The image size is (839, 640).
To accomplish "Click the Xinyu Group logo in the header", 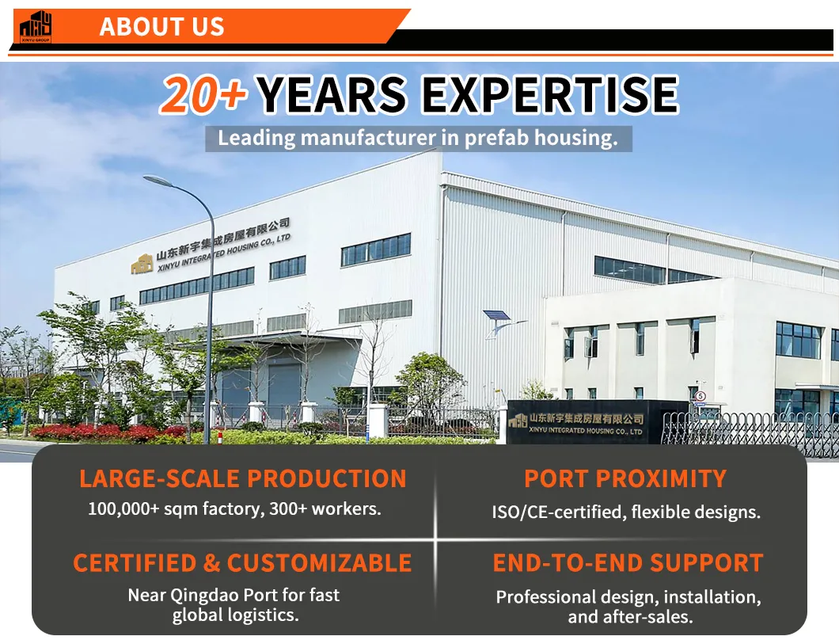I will [x=36, y=27].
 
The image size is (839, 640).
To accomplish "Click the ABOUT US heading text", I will [x=162, y=27].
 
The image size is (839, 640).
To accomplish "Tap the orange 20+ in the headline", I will [x=203, y=95].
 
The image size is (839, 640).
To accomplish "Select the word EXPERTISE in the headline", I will [x=549, y=95].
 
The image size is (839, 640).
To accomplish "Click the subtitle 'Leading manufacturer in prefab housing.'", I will [x=417, y=138].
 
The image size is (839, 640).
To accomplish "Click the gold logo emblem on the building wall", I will [x=142, y=264].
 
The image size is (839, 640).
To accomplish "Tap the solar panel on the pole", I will [x=496, y=315].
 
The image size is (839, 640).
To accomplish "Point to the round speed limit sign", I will [x=700, y=396].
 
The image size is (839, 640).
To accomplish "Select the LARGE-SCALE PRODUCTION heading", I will [x=243, y=478].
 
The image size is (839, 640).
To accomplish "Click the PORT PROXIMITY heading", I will [x=625, y=478].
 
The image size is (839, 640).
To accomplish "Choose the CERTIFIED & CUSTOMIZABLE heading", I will [x=242, y=563].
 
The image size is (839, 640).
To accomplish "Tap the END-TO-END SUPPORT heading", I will [x=628, y=563].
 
